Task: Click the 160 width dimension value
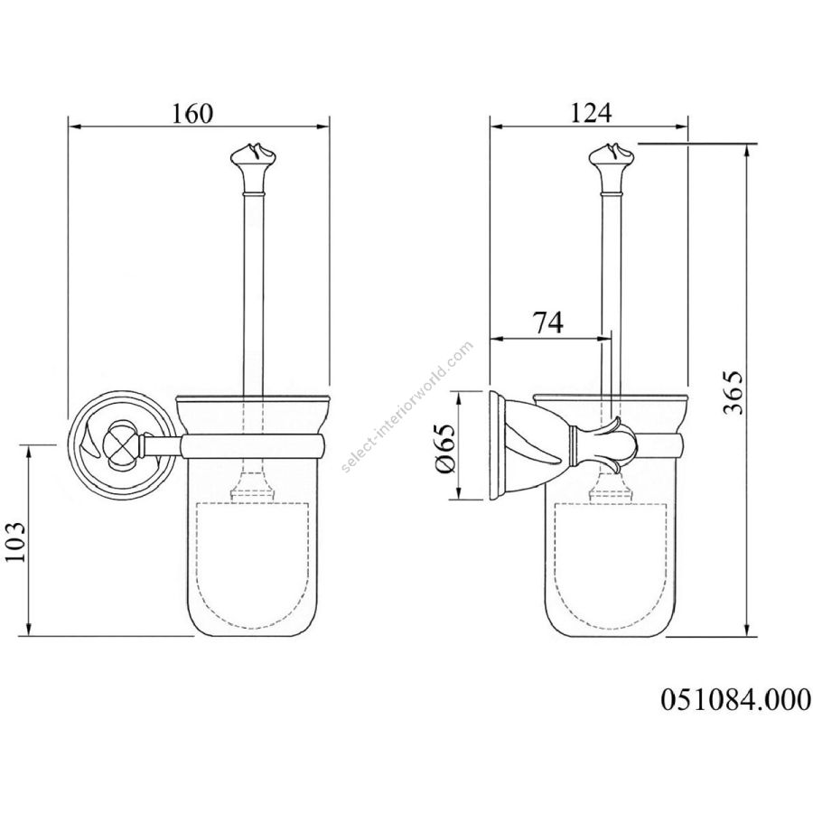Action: point(192,114)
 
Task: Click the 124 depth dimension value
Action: point(592,114)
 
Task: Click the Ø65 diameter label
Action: point(445,446)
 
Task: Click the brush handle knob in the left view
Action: point(252,163)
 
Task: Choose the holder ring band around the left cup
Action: point(253,444)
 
